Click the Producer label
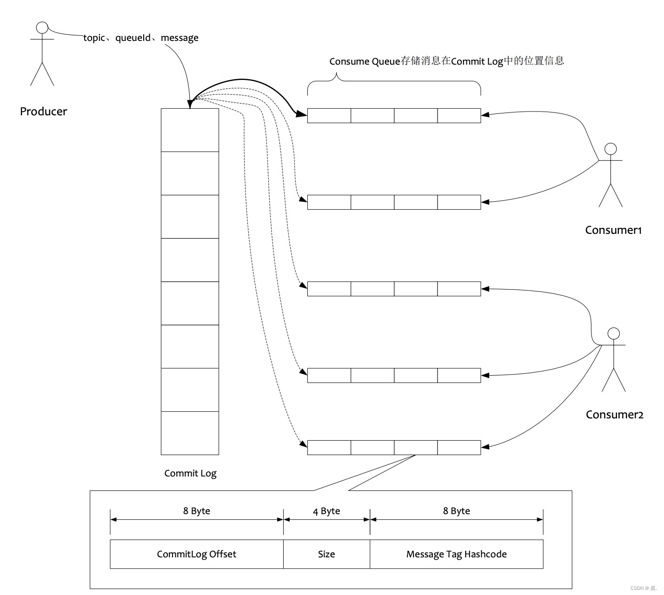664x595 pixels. (x=43, y=112)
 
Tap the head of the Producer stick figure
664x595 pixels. (x=42, y=27)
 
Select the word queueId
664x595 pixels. (x=133, y=38)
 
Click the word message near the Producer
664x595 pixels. (x=179, y=38)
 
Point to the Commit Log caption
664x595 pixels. (x=191, y=474)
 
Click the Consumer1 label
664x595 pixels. (x=613, y=230)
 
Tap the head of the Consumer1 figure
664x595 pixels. (x=611, y=149)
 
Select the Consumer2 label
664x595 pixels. (x=615, y=415)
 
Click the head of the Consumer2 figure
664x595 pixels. (x=613, y=334)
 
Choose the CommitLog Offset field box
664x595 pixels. (x=197, y=554)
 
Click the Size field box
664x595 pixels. (x=327, y=554)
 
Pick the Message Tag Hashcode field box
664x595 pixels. (x=457, y=554)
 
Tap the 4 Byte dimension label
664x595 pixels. (x=326, y=511)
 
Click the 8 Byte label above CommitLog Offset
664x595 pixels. (x=197, y=511)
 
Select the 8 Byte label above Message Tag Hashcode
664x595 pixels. (x=457, y=511)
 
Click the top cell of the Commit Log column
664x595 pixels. (x=190, y=130)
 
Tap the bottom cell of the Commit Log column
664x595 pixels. (x=190, y=433)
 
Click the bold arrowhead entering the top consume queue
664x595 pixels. (x=301, y=114)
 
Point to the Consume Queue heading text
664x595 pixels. (x=446, y=61)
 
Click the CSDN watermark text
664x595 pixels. (x=644, y=588)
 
